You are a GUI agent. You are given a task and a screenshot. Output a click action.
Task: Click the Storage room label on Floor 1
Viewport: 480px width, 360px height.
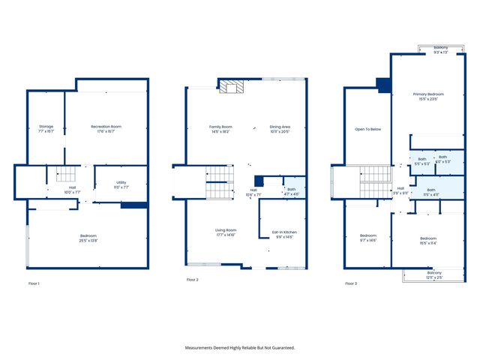point(46,128)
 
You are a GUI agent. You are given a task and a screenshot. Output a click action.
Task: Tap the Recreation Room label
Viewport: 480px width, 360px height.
point(106,128)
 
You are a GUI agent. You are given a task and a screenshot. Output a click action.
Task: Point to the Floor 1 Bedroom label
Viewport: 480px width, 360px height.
point(88,238)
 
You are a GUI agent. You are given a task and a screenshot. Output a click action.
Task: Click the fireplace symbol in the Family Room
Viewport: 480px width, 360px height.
point(232,88)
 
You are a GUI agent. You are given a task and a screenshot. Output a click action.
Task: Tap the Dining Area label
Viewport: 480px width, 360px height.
point(280,128)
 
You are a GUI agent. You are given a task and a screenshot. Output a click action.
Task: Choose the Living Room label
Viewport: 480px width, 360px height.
point(226,232)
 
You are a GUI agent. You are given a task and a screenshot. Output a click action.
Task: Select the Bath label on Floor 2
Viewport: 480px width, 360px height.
point(291,190)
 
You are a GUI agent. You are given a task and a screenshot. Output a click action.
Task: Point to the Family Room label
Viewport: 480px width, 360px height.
point(220,128)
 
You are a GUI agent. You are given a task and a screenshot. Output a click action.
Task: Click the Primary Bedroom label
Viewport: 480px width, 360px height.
point(429,96)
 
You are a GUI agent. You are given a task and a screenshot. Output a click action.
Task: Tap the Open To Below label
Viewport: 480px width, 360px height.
point(367,129)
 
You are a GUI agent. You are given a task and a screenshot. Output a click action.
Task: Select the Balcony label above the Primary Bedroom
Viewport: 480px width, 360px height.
point(440,49)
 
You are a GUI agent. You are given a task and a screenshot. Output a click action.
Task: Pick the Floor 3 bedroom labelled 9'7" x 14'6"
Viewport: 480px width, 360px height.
point(367,238)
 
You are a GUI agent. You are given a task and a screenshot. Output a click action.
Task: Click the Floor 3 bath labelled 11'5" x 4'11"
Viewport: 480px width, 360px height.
point(430,191)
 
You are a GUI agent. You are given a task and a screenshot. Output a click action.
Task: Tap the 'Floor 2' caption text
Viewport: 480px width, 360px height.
point(192,280)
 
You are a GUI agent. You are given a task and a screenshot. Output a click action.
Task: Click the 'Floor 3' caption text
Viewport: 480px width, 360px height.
point(350,283)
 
